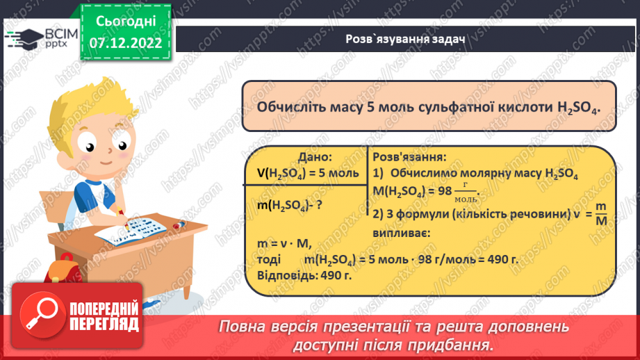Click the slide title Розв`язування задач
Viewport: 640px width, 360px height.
pyautogui.click(x=405, y=40)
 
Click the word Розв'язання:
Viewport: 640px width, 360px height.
pyautogui.click(x=409, y=158)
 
